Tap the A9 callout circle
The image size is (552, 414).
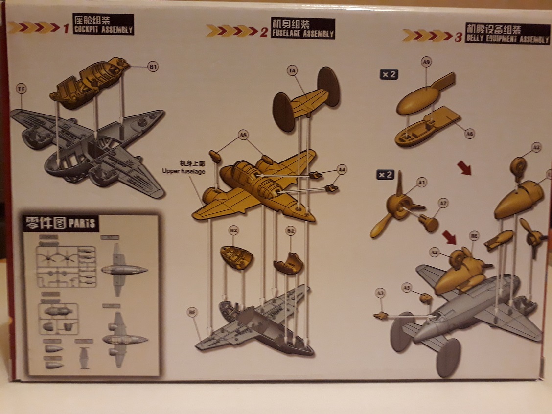(426, 62)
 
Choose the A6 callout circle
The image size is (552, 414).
(470, 133)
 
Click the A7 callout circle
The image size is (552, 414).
(443, 203)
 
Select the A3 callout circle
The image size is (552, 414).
(381, 293)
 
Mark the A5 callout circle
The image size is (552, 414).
(406, 287)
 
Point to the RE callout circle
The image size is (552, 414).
(473, 235)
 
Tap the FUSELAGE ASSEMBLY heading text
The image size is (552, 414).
(303, 34)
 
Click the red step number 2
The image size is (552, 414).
(264, 33)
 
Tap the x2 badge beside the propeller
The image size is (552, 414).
(385, 174)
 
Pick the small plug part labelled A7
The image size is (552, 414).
(429, 223)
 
